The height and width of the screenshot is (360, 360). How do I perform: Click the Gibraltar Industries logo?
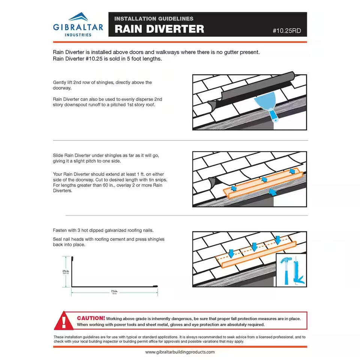78,24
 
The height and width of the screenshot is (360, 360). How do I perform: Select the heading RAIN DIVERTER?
159,29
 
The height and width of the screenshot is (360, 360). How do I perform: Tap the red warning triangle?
64,321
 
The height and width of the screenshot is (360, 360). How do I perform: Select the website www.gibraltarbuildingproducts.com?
180,352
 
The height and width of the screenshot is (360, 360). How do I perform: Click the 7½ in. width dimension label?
114,291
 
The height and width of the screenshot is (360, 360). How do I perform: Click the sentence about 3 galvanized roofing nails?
103,230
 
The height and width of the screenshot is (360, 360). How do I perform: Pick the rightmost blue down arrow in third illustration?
277,239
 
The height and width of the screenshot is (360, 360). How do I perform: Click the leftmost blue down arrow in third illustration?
231,252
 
